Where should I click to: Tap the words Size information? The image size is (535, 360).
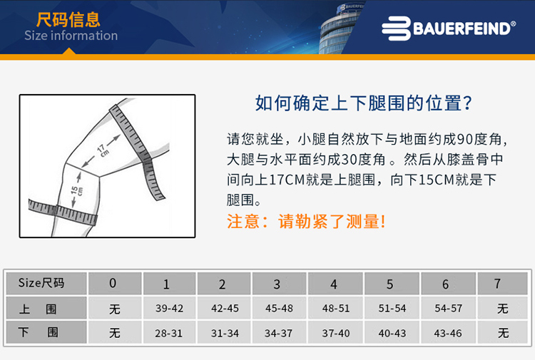point(71,36)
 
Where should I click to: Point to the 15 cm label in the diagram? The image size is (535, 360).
point(76,190)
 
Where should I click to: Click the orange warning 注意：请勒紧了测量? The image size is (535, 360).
point(306,221)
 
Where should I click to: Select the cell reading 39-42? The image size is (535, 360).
point(169,309)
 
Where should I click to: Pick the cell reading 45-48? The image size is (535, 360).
point(279,309)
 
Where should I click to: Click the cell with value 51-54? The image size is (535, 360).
point(392,309)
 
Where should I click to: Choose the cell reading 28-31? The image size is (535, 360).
point(169,333)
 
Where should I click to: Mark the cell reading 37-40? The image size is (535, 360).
point(335,333)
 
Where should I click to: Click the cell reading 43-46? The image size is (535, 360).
point(447,333)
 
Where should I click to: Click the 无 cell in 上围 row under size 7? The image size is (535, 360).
point(503,309)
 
